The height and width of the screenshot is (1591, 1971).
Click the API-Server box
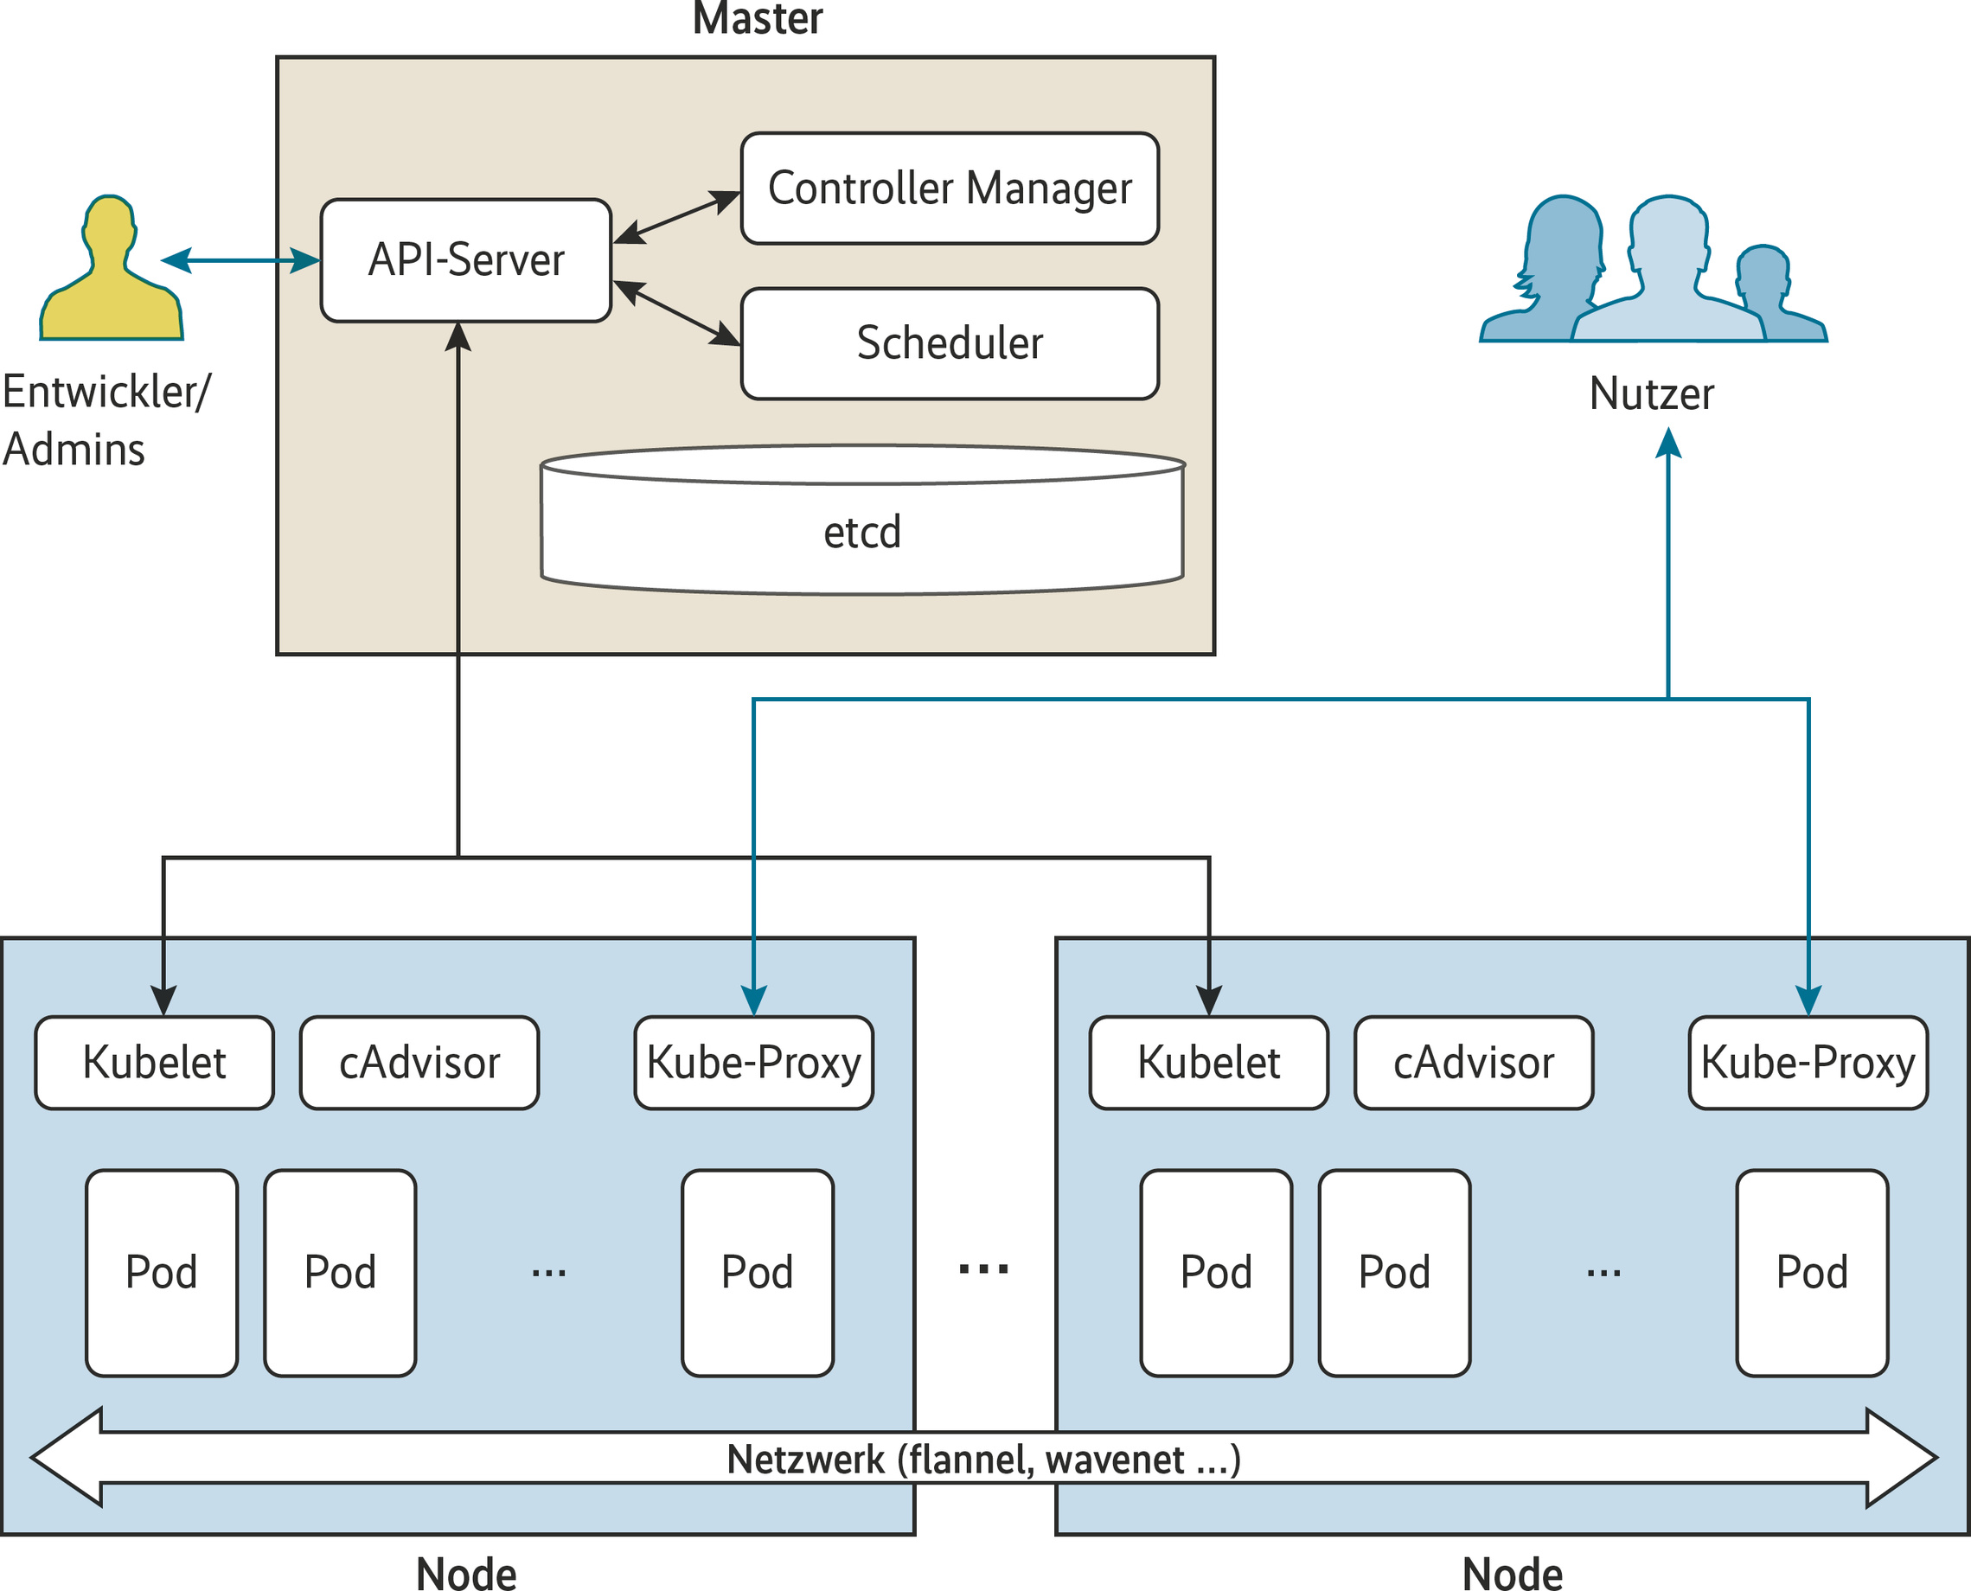coord(465,260)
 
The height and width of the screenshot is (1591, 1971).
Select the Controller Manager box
coord(950,188)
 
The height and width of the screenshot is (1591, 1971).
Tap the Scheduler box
coord(950,343)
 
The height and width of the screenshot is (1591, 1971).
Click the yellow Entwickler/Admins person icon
coord(111,272)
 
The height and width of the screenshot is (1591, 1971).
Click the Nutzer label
coord(1651,394)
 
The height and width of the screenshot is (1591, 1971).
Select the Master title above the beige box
coord(758,18)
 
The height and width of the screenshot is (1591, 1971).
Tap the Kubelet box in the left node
coord(154,1063)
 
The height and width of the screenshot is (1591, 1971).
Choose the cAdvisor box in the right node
coord(1473,1063)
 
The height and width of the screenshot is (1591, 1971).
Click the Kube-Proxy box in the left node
coord(753,1063)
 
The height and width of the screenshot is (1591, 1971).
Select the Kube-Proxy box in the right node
coord(1808,1063)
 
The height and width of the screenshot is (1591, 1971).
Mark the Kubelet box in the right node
coord(1208,1063)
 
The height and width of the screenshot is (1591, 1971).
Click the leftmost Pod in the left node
coord(162,1272)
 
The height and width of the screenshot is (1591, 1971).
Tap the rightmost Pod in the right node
coord(1812,1272)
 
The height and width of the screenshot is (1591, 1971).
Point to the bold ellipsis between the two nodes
coord(983,1270)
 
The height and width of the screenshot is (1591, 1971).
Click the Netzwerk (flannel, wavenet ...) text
coord(983,1459)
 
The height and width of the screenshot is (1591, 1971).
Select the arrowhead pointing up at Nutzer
coord(1668,444)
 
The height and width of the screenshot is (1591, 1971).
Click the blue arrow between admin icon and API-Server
coord(240,260)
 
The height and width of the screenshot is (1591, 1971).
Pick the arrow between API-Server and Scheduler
coord(675,312)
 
